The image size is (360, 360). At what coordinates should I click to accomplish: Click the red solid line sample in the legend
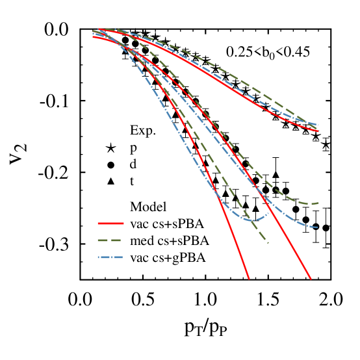tap(110, 224)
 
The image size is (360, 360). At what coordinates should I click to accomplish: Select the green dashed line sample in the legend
tap(110, 240)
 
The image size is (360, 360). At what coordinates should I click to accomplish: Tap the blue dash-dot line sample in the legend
tap(110, 257)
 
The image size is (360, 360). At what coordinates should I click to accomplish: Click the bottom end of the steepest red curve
tap(249, 279)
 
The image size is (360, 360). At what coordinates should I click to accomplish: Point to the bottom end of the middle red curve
tap(311, 279)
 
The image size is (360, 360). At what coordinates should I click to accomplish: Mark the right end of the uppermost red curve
tap(318, 131)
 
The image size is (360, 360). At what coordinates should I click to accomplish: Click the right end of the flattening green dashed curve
tap(318, 203)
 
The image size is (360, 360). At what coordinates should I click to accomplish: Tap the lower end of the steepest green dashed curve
tap(268, 242)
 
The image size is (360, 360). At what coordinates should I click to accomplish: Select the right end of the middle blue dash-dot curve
tap(317, 227)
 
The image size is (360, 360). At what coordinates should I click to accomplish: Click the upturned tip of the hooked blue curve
tap(268, 213)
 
